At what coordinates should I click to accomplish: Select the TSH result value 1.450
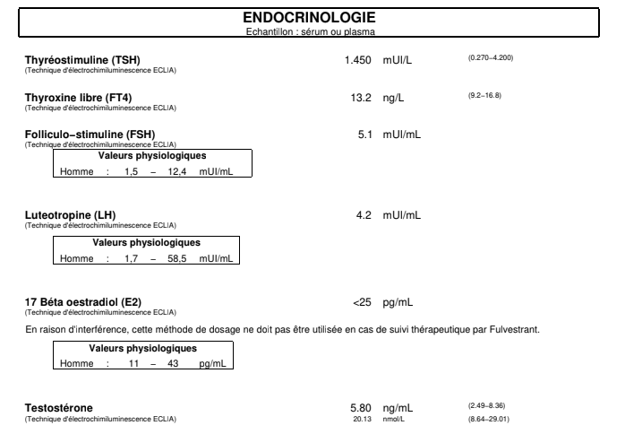pyautogui.click(x=360, y=59)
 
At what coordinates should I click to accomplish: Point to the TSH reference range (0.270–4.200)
pyautogui.click(x=490, y=58)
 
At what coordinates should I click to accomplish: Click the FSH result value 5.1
pyautogui.click(x=367, y=135)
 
